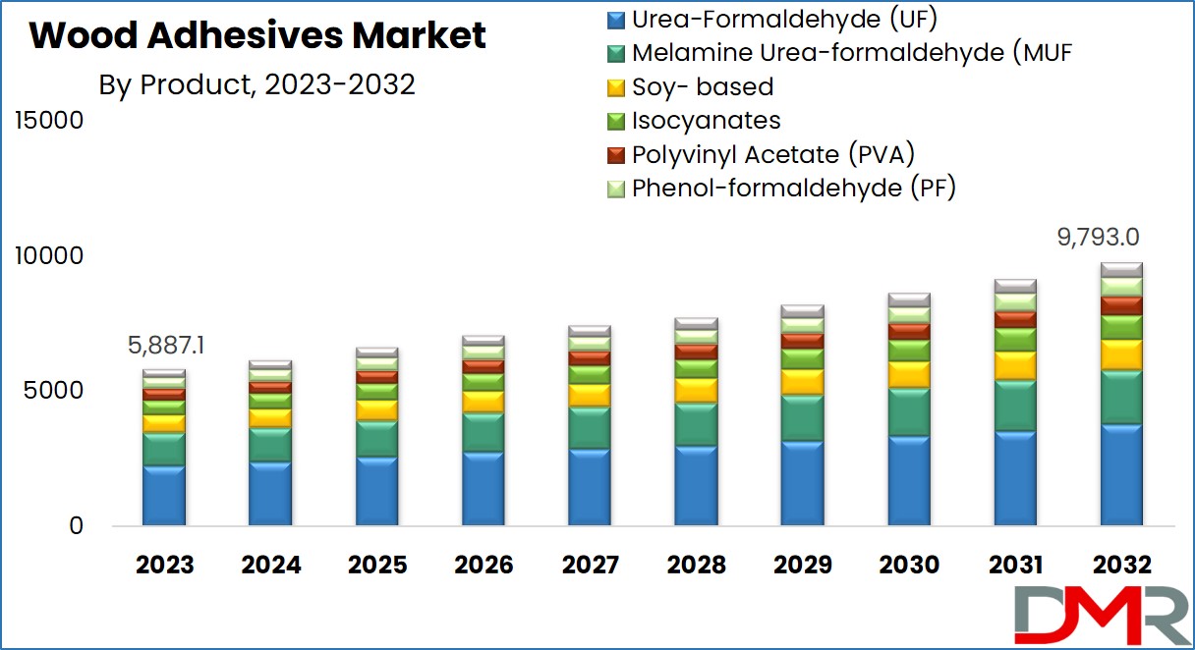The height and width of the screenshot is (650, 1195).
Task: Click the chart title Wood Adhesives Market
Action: point(257,35)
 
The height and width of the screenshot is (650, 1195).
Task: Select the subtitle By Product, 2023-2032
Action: point(256,84)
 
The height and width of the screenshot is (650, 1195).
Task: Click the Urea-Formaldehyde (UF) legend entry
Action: point(772,20)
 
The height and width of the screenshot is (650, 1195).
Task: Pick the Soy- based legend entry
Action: point(690,87)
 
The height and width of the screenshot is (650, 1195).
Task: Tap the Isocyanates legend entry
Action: point(694,121)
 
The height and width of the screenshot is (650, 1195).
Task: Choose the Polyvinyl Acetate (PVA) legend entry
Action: point(761,155)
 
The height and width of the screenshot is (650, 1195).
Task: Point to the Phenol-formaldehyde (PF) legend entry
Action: point(781,189)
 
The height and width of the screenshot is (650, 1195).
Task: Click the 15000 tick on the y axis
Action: point(49,121)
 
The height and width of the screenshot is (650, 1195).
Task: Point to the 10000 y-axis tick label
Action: point(49,256)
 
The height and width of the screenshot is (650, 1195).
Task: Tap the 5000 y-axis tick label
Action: point(53,391)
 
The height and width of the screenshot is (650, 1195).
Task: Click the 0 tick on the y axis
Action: point(77,526)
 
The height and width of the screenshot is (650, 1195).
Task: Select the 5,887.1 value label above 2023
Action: point(166,346)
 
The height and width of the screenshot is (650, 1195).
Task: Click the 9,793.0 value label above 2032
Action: point(1099,238)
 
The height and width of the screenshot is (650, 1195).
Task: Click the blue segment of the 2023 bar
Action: point(164,496)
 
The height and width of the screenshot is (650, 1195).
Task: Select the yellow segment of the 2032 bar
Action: point(1122,355)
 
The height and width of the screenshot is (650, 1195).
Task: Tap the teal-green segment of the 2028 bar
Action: point(696,424)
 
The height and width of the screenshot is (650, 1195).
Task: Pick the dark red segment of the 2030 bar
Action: point(909,332)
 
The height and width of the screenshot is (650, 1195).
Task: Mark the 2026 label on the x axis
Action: point(484,566)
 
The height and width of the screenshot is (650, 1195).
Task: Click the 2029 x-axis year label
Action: point(802,566)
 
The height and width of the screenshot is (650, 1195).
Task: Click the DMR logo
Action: point(1103,615)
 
